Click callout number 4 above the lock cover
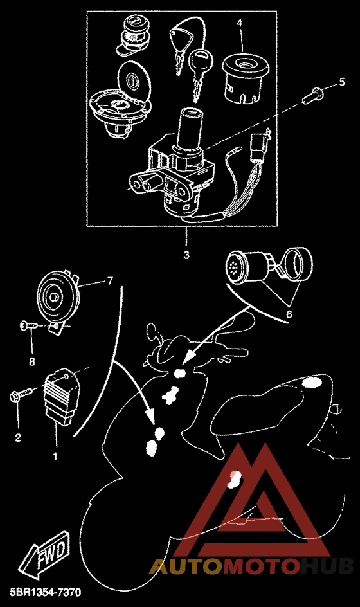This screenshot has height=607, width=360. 240,23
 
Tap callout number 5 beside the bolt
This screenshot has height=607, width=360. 342,82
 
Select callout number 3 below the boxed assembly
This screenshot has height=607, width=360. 186,255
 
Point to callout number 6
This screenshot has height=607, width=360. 289,314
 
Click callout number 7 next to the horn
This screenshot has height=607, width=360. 110,280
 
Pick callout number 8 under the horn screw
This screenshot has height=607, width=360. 32,361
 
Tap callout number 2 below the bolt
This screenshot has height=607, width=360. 18,438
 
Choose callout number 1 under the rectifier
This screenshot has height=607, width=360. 55,456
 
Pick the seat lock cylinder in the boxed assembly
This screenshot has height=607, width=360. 133,36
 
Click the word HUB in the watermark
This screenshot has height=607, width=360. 327,566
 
